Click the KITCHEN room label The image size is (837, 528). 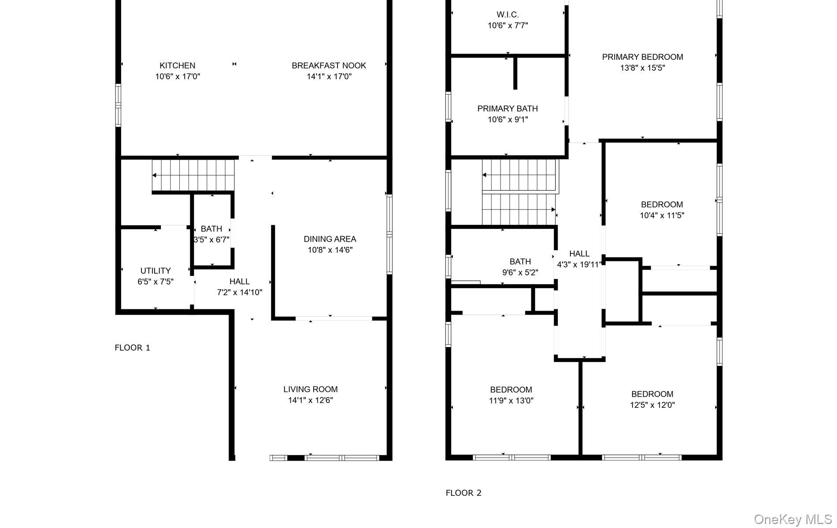click(x=177, y=66)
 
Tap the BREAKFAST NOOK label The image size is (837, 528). click(x=329, y=66)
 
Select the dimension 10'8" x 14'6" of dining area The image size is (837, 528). click(x=330, y=250)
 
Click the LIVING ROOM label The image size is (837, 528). click(x=310, y=389)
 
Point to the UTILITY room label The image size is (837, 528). click(x=155, y=271)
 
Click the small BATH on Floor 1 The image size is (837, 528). click(x=211, y=229)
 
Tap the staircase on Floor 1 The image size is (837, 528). click(x=193, y=175)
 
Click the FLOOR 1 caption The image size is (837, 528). click(x=132, y=348)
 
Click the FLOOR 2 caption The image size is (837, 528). click(x=463, y=493)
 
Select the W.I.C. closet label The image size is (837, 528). click(x=507, y=15)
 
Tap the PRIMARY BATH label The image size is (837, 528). click(x=507, y=108)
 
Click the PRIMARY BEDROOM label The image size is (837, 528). click(x=642, y=57)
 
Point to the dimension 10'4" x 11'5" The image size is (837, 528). click(x=662, y=216)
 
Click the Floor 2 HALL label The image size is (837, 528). click(x=579, y=253)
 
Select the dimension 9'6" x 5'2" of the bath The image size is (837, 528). click(x=520, y=272)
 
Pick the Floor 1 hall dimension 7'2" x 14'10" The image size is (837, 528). click(x=239, y=292)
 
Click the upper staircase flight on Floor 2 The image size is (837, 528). click(x=520, y=175)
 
